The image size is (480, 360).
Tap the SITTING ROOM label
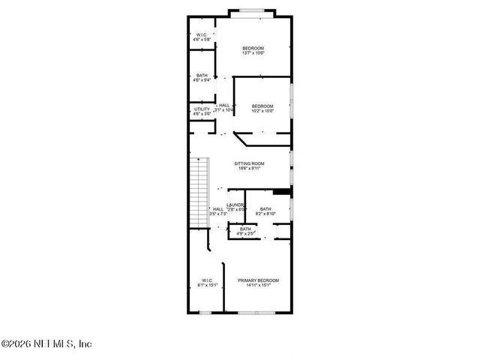(x=248, y=163)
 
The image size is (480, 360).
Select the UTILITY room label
(x=202, y=109)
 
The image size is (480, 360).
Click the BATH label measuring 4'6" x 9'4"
(x=202, y=75)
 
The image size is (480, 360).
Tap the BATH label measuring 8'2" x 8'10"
(x=265, y=209)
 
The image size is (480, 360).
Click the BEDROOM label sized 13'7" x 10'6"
(x=253, y=49)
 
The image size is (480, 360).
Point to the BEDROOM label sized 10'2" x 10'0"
(x=262, y=106)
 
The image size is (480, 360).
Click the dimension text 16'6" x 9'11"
(x=248, y=168)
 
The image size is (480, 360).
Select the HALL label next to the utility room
(x=224, y=106)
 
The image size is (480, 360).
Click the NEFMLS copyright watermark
(x=46, y=344)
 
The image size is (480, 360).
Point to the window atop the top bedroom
(x=251, y=10)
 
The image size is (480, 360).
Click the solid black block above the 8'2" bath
(x=281, y=191)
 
